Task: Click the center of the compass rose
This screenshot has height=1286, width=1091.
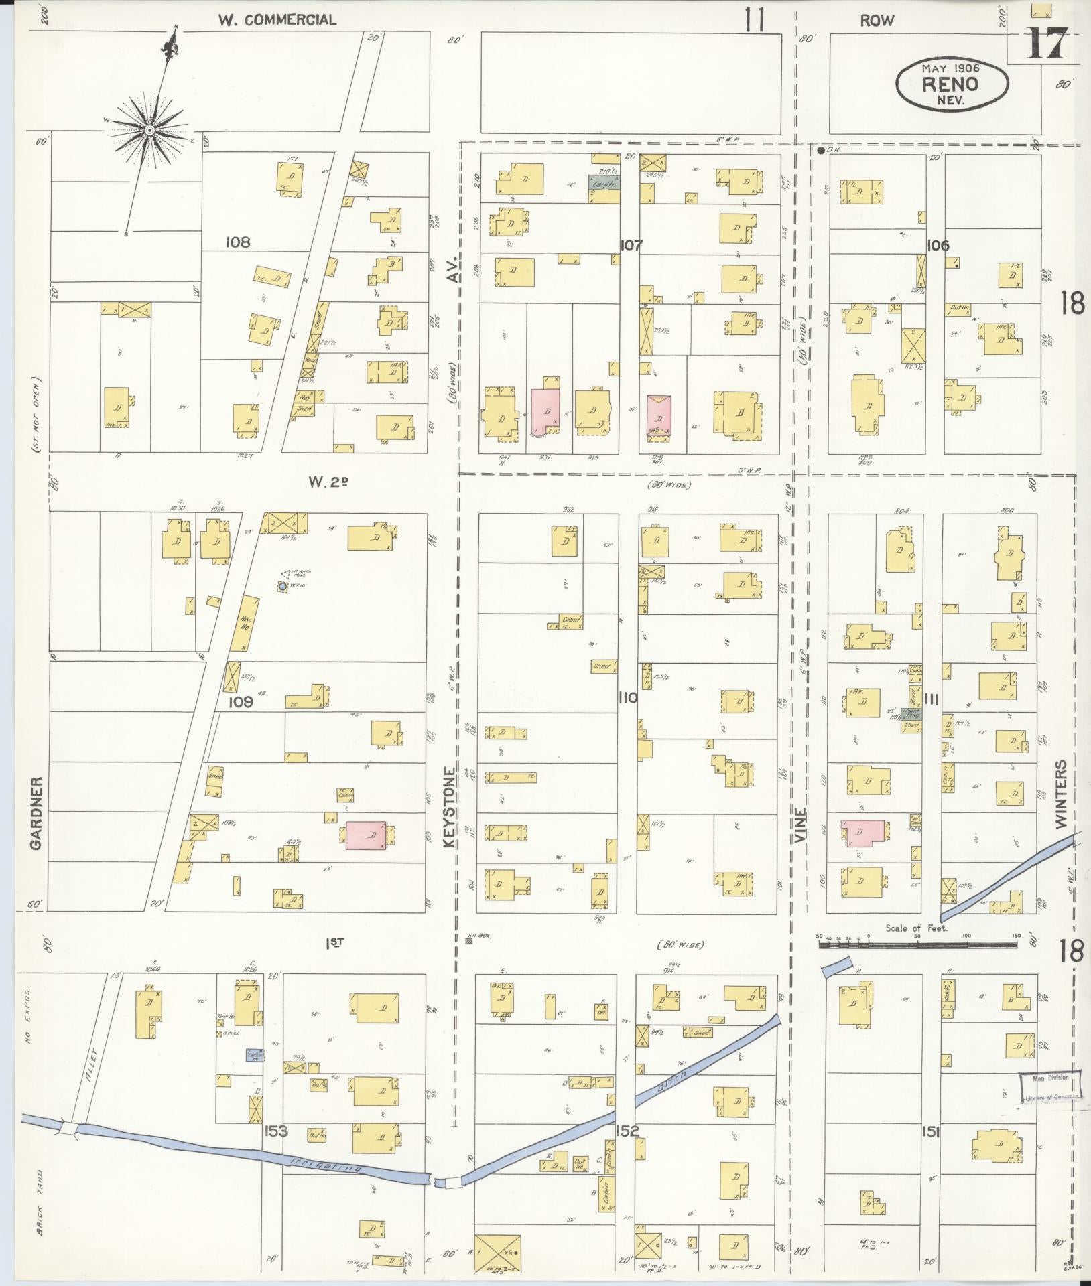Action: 149,129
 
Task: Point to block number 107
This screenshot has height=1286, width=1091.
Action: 631,245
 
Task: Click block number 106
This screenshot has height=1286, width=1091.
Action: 938,245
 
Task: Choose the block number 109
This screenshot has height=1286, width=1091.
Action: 239,702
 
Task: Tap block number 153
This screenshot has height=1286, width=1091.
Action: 276,1131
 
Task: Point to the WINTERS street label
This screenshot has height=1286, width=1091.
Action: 1061,794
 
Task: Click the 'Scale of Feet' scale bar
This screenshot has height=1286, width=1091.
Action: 917,945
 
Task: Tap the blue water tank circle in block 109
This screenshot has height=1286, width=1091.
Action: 283,586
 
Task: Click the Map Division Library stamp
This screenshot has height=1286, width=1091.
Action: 1050,1086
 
